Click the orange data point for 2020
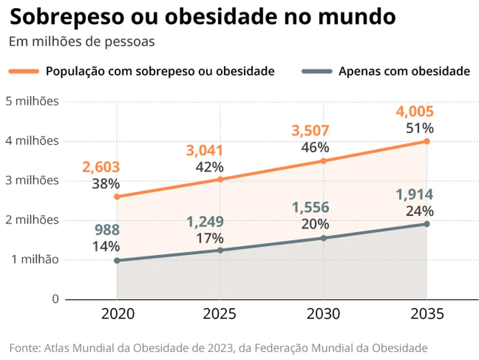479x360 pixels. (x=117, y=196)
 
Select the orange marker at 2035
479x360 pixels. (x=427, y=141)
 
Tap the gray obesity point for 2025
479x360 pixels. (x=220, y=250)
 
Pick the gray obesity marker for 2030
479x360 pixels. (x=323, y=238)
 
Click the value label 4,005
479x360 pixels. (x=414, y=112)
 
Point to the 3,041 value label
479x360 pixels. (x=205, y=151)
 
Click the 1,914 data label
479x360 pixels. (x=414, y=195)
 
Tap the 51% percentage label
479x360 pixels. (x=420, y=128)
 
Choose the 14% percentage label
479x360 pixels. (x=106, y=247)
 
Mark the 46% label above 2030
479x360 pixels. (x=315, y=147)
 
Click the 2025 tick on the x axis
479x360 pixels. (x=220, y=314)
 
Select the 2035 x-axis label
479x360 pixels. (x=427, y=314)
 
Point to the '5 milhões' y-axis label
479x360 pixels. (x=32, y=101)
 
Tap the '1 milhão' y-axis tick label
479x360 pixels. (x=35, y=259)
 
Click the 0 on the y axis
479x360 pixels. (x=55, y=299)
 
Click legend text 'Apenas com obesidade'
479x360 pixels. (x=404, y=71)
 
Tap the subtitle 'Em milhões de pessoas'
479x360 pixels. (x=82, y=42)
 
